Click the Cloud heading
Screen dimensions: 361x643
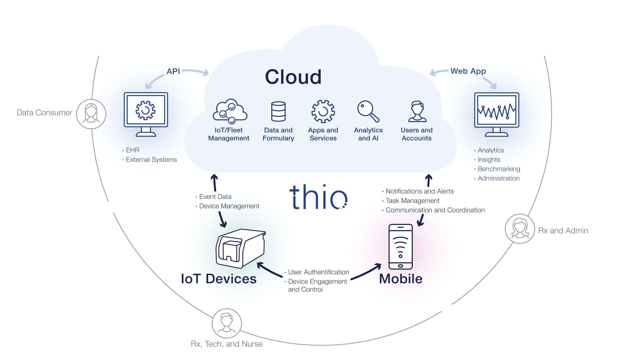pyautogui.click(x=293, y=77)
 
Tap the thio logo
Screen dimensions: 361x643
pyautogui.click(x=318, y=197)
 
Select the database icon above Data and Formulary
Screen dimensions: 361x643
pyautogui.click(x=278, y=111)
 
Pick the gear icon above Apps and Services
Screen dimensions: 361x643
pyautogui.click(x=323, y=111)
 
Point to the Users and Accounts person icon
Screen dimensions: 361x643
pyautogui.click(x=417, y=111)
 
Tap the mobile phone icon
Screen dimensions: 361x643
pyautogui.click(x=400, y=246)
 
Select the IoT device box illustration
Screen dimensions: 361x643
pyautogui.click(x=240, y=248)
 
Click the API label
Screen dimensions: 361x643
pyautogui.click(x=173, y=71)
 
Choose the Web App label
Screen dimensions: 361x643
pyautogui.click(x=468, y=71)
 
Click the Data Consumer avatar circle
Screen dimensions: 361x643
pyautogui.click(x=91, y=114)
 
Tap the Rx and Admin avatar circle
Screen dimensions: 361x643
pyautogui.click(x=520, y=229)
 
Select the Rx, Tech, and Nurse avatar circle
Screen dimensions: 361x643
pyautogui.click(x=227, y=323)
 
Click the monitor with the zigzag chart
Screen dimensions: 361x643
pyautogui.click(x=496, y=114)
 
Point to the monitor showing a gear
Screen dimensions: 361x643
pyautogui.click(x=146, y=114)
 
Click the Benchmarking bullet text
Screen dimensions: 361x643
pyautogui.click(x=499, y=169)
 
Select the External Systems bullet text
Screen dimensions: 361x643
pyautogui.click(x=151, y=160)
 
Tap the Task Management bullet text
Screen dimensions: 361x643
pyautogui.click(x=413, y=201)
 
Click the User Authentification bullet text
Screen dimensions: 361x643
pyautogui.click(x=318, y=272)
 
